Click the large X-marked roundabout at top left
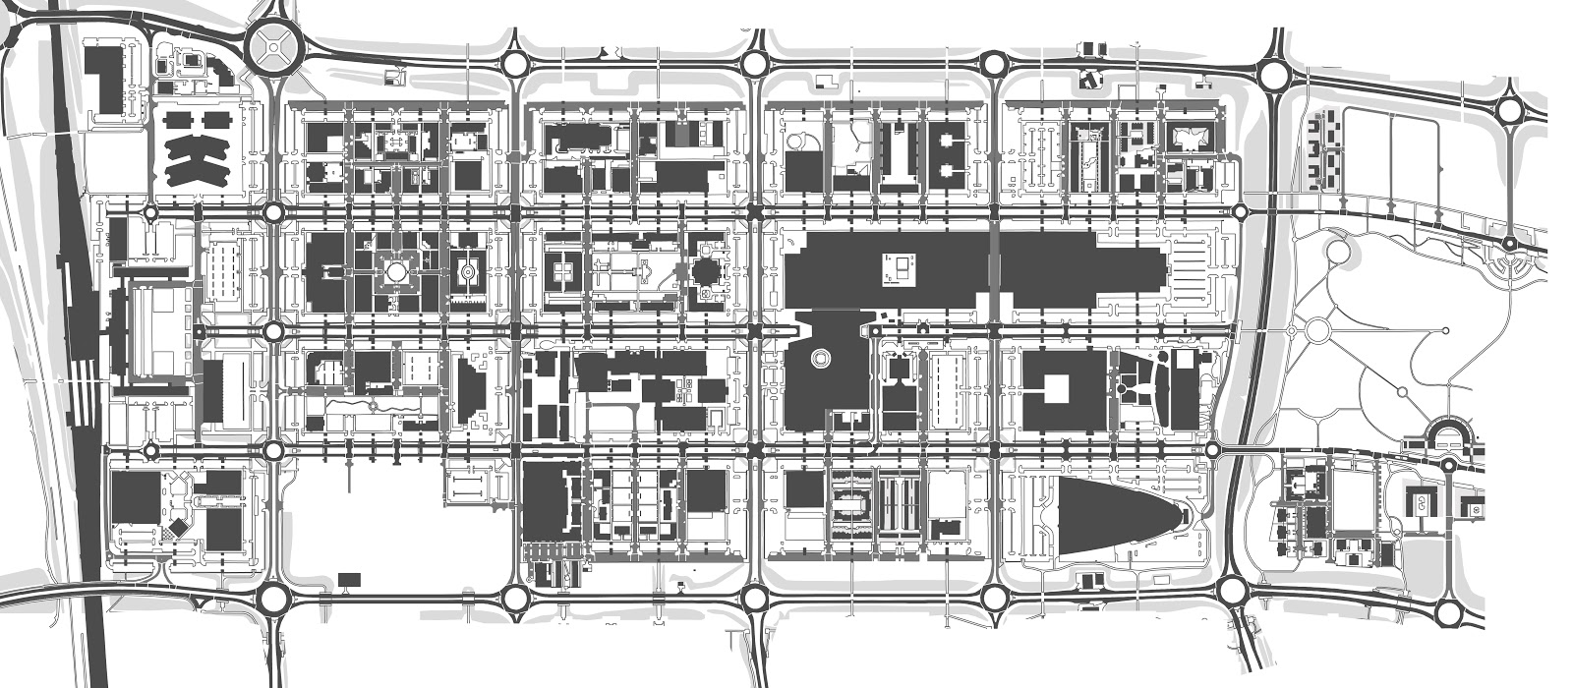274,46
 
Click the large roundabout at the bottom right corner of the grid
1232,590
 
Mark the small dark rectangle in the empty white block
348,579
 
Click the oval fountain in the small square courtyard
468,268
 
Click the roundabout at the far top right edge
1510,111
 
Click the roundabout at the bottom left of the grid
274,595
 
